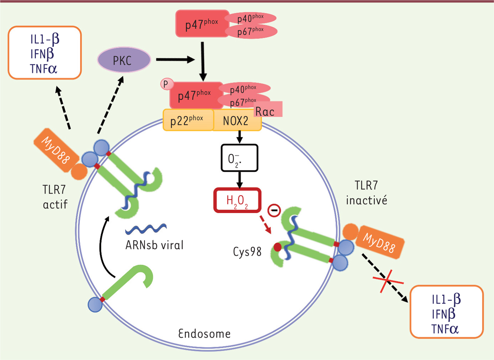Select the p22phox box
[x=188, y=119]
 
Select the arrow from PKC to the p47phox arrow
[x=175, y=60]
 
